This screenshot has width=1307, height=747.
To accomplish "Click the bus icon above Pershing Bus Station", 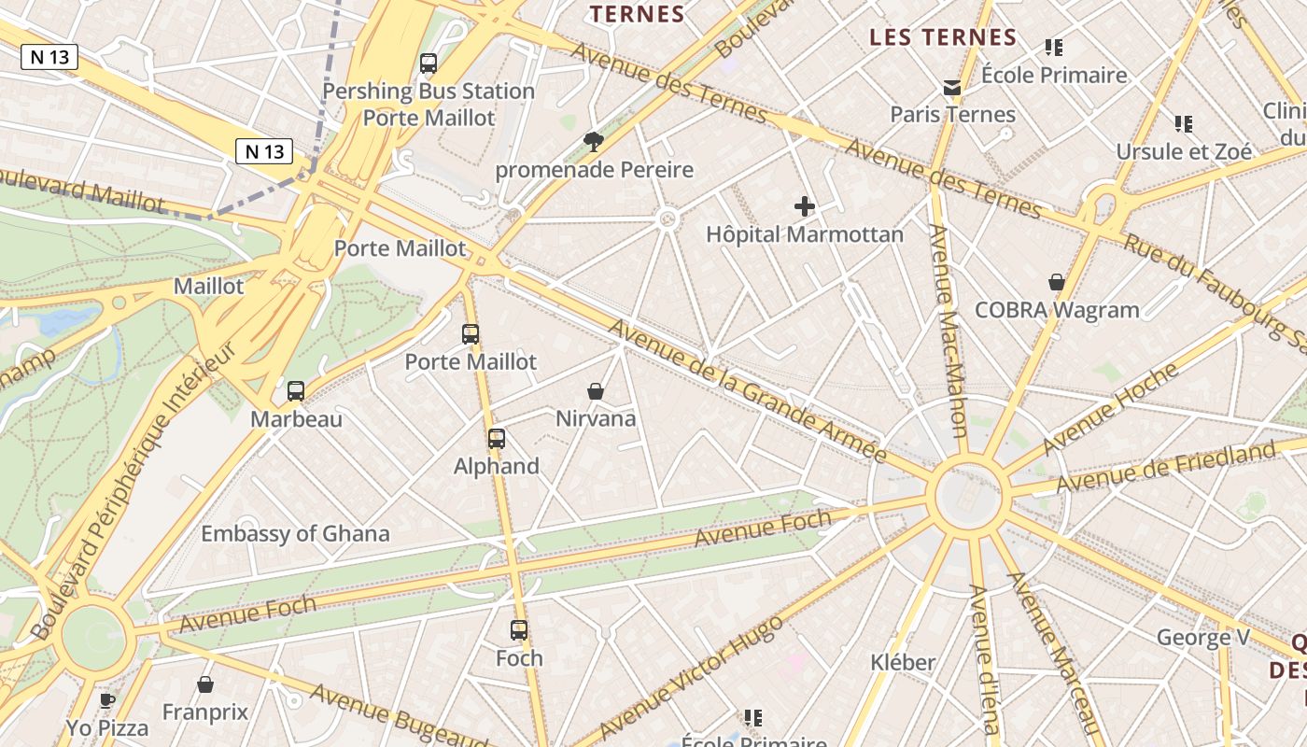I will click(429, 63).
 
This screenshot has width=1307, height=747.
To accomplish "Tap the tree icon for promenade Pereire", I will click(593, 142).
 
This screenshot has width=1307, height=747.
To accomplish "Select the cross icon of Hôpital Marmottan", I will click(804, 206).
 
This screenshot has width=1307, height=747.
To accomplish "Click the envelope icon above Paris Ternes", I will click(952, 88).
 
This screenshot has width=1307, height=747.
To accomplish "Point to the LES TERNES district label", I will click(943, 37).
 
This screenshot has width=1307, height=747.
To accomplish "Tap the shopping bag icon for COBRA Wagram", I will click(1057, 282).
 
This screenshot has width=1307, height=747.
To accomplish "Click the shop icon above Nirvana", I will click(596, 391).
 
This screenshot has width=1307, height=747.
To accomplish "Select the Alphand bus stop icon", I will click(497, 439).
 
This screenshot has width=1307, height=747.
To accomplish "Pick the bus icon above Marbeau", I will click(296, 391).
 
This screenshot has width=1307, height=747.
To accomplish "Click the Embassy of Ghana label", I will click(295, 534).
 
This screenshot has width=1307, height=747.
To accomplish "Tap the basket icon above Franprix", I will click(205, 684).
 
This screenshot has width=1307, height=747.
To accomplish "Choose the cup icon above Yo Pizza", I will click(107, 699).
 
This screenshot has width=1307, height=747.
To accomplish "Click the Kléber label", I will click(903, 662).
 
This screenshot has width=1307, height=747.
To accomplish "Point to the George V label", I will click(1203, 638).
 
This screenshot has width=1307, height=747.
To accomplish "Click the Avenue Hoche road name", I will click(1111, 408).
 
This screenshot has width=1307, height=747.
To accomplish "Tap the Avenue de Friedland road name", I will click(1165, 466).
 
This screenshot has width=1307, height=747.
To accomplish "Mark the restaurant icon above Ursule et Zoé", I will click(1184, 123).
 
